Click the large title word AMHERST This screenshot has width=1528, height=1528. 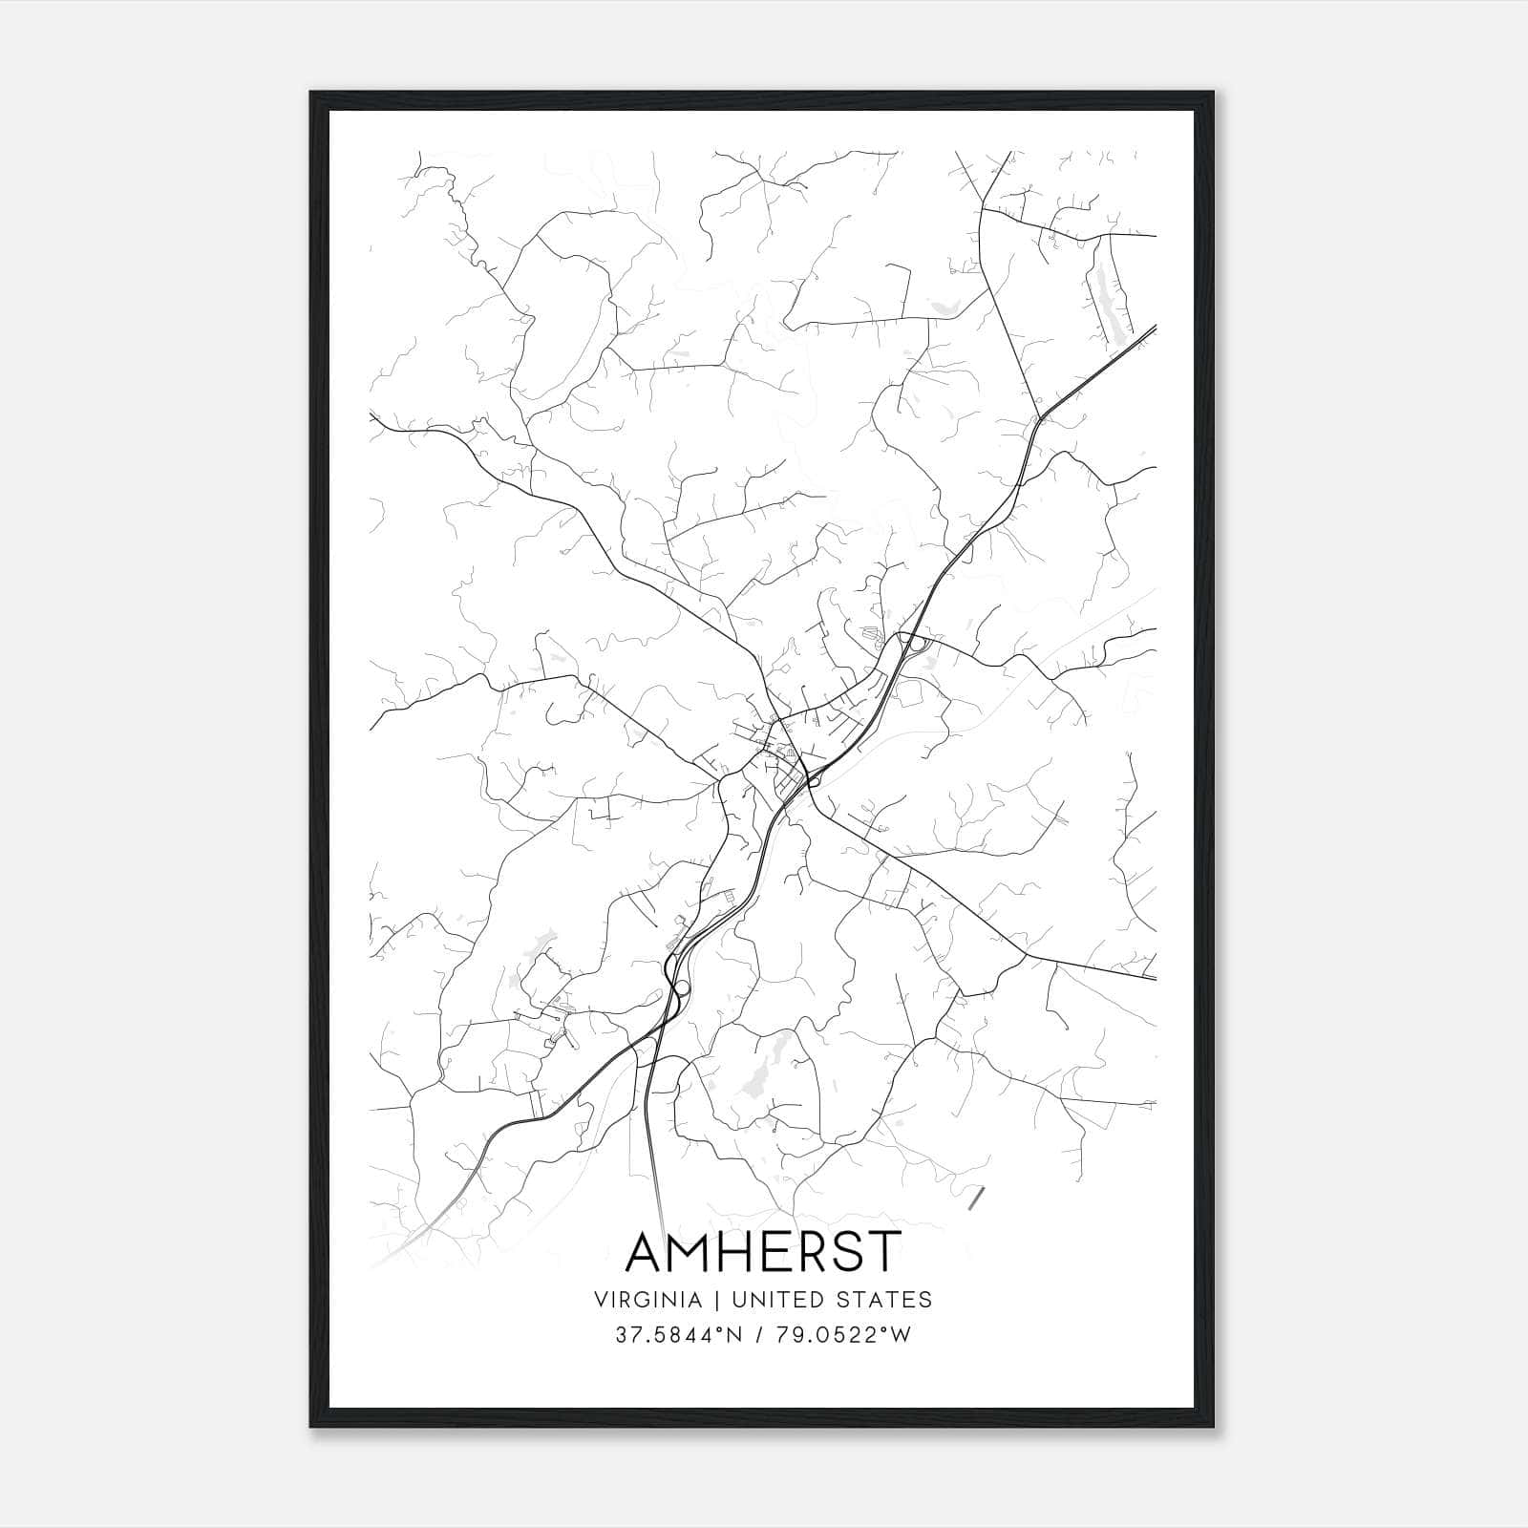point(762,1252)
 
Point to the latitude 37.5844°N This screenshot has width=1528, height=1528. point(677,1335)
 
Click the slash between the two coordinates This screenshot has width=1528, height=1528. point(761,1335)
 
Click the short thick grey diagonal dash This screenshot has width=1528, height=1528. point(975,1199)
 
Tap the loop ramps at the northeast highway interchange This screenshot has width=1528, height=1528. point(915,643)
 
